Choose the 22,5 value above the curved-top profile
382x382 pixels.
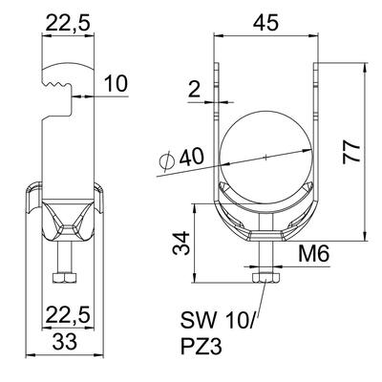[x=63, y=20]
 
